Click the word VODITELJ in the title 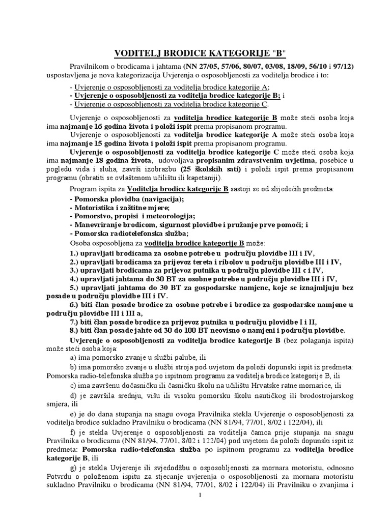(135, 54)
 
